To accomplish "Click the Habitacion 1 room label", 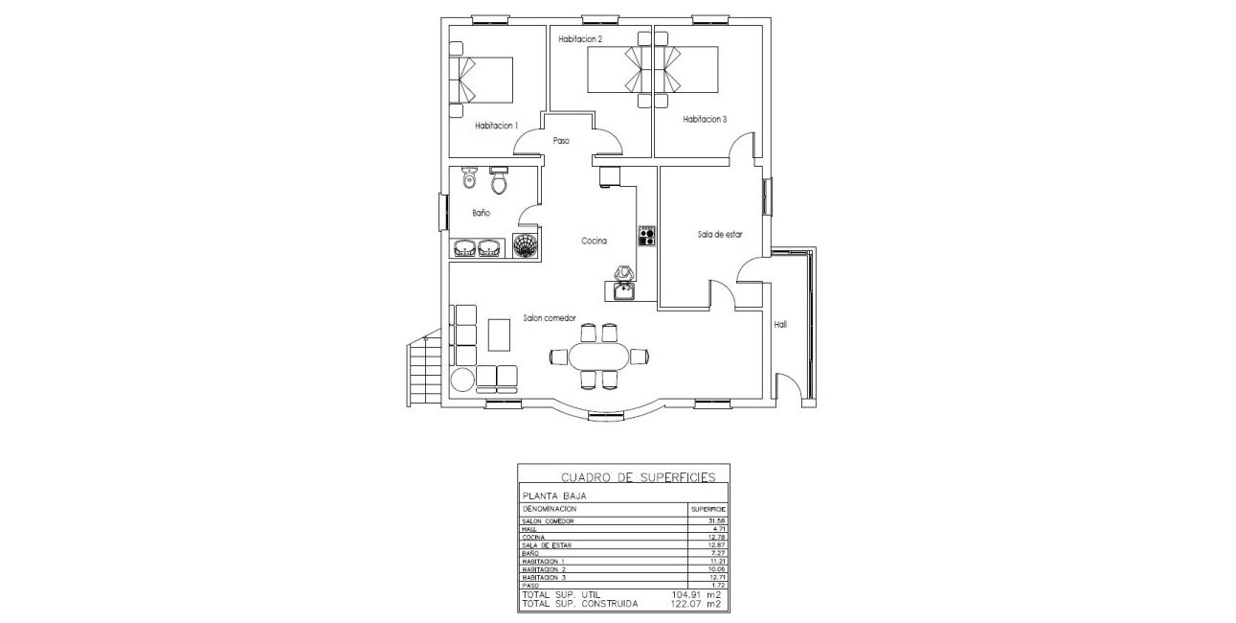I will pos(496,126).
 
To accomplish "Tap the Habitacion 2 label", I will pos(580,39).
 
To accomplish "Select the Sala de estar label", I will pos(720,233).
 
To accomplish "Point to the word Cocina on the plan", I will pos(594,242).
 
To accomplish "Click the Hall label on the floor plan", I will pos(780,325).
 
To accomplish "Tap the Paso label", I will pos(561,141).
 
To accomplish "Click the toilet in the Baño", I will pos(498,181).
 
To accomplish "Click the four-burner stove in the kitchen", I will pos(646,235).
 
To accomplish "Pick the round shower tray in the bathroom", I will pos(525,246).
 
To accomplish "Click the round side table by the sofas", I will pos(462,380).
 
